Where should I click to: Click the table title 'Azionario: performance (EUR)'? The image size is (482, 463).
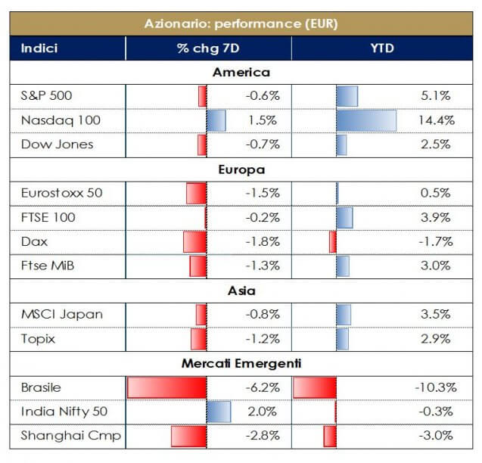[241, 23]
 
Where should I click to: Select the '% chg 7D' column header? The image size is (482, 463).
[208, 49]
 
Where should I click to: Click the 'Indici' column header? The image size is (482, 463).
[39, 49]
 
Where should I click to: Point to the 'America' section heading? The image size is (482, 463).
[241, 73]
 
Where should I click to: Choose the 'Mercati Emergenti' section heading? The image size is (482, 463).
[241, 364]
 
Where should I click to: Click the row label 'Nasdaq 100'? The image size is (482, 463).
[61, 120]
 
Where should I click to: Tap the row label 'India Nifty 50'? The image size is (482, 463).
[65, 412]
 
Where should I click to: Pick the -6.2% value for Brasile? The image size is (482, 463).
[263, 387]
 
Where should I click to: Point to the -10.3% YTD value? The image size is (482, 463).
[435, 387]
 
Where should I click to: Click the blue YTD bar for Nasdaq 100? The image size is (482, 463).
[366, 120]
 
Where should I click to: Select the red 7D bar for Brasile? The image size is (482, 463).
[166, 387]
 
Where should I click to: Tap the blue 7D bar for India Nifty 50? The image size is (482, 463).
[218, 412]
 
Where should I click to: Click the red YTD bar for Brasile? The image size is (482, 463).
[314, 387]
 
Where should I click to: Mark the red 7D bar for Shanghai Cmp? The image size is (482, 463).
[188, 437]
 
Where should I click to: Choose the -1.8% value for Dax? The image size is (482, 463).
[263, 242]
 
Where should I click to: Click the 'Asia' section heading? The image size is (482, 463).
[241, 291]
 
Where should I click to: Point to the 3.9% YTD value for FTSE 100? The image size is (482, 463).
[438, 217]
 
